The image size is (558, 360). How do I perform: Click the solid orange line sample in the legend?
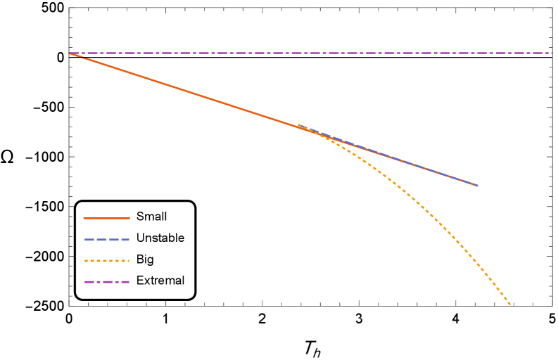(106, 218)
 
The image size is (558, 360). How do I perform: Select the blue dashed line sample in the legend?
(106, 240)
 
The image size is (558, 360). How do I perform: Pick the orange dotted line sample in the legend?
(106, 261)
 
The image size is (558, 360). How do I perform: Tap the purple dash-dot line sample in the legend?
(106, 282)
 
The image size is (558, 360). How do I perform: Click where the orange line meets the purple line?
(70, 53)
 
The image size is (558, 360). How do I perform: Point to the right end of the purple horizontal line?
(551, 53)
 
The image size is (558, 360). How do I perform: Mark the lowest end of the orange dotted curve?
(510, 304)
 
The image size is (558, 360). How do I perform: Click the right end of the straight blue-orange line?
(477, 186)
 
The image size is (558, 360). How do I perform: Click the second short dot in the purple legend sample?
(116, 282)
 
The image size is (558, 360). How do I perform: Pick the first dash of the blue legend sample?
(89, 240)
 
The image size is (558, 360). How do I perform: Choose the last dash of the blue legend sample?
(125, 240)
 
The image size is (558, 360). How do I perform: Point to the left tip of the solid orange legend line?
(84, 218)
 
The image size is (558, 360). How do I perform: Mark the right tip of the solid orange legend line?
(129, 218)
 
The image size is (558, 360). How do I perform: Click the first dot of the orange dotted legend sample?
(86, 261)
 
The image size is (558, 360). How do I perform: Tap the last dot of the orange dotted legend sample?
(127, 261)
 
